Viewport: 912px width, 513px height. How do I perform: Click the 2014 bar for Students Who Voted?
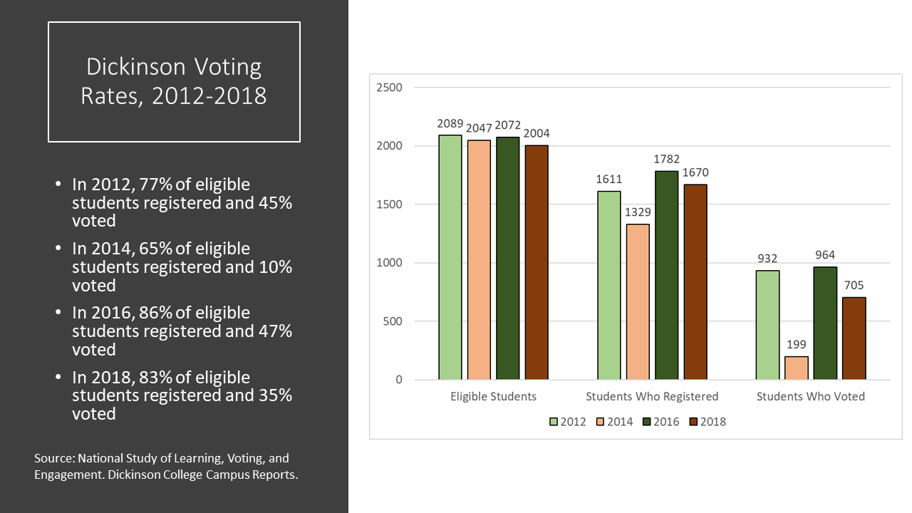pos(797,368)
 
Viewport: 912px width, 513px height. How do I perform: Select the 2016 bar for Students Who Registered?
pos(666,275)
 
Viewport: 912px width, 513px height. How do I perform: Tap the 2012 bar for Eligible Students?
pos(450,256)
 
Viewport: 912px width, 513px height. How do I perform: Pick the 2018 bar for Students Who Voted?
pos(854,338)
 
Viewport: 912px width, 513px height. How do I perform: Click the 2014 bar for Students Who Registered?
pos(638,301)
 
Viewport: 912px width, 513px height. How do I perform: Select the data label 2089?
pos(450,123)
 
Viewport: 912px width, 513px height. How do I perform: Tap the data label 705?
pos(854,285)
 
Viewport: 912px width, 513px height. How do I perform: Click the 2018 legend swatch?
pos(693,422)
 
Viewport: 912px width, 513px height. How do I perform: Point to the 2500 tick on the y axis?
pos(389,88)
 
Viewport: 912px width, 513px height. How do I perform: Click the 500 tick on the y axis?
pos(393,321)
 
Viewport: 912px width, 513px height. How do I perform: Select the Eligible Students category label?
pos(493,396)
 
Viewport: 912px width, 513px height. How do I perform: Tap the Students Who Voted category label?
pos(811,396)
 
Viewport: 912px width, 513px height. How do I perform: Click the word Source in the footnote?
pos(53,458)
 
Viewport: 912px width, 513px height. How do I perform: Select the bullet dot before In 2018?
pos(59,377)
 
